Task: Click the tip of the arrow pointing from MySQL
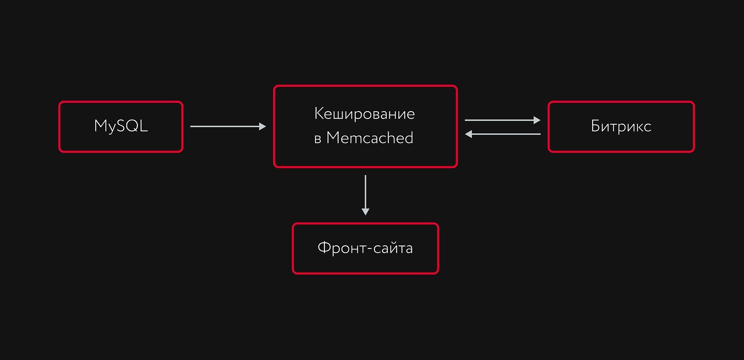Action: [x=266, y=126]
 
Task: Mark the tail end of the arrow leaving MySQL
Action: [x=191, y=126]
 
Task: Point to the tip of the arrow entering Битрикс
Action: [x=540, y=120]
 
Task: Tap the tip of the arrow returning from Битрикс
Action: [x=465, y=134]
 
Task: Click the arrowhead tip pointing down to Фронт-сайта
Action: [x=365, y=215]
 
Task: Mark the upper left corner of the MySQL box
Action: [x=59, y=102]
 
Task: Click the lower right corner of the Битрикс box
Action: [x=694, y=152]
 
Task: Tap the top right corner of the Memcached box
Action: [x=457, y=86]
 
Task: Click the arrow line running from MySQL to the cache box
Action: [x=228, y=126]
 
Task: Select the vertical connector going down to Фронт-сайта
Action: [x=365, y=195]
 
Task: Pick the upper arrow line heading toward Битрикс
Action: [x=503, y=120]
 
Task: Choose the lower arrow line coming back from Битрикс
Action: [x=503, y=134]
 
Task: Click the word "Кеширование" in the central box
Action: [x=365, y=114]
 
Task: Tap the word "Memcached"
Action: [x=370, y=138]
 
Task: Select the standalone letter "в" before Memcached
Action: [x=317, y=139]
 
